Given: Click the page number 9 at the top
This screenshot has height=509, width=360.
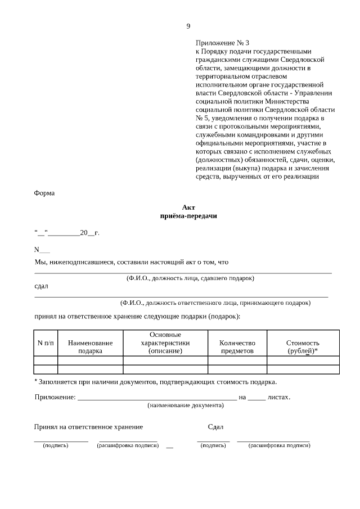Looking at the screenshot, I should coord(188,26).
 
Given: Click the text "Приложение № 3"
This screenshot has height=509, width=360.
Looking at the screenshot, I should coord(222,43).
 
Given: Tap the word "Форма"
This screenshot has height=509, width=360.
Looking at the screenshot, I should coord(44,193).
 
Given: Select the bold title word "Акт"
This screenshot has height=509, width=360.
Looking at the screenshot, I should coord(188,207).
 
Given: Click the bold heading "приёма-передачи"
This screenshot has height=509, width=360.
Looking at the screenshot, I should coord(188,215).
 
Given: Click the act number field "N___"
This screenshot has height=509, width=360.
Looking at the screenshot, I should coord(42,250).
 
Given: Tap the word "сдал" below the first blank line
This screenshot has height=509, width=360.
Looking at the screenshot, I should coord(41,286).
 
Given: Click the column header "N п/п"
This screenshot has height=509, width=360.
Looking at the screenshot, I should coord(46,343).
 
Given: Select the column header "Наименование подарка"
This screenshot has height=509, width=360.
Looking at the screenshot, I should coord(90,346).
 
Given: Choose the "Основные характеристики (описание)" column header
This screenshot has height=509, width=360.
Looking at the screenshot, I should coord(165,343).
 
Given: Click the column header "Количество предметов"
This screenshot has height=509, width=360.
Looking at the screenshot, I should coord(237,346).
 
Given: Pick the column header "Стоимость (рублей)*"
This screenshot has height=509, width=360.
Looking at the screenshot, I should coord(303,346).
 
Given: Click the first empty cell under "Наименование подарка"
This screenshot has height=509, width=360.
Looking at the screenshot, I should coord(90,361).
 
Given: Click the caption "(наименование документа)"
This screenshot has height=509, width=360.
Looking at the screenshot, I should coord(186,405).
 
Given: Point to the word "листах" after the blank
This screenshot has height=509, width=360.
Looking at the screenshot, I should coord(279,397).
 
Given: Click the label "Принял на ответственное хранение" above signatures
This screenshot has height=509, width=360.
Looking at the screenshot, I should coord(88,427).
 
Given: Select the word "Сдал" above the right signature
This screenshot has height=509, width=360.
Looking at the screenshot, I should coord(215,427).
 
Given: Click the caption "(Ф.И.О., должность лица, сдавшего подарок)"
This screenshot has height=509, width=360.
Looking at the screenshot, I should coord(190,278).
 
